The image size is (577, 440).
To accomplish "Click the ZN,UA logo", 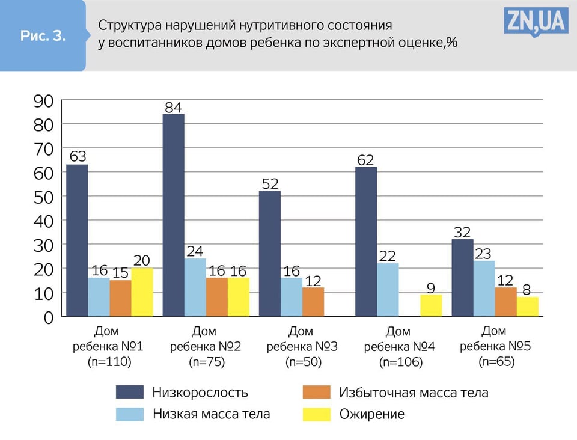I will coord(536,22).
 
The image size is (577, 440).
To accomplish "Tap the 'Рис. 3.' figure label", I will coord(43,35).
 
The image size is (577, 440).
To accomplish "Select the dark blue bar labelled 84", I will coord(173,215).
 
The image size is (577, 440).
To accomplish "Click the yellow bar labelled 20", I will coord(142,292).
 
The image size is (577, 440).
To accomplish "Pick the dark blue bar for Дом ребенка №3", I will coord(269,253).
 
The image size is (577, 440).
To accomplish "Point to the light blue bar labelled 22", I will coord(388,289).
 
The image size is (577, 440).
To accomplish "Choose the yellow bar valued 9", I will coord(431,305).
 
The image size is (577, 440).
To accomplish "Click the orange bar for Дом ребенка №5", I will coord(505,301).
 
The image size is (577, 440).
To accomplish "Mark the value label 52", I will coord(269,183).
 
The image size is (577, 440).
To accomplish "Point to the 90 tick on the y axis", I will coord(43,101).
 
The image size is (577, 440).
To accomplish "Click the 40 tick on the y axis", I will coord(43,221).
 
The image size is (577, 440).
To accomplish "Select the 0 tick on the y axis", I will coord(48,317).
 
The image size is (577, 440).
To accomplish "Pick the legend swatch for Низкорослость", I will coord(130,392).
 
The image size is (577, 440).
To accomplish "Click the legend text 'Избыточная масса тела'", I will coord(414,393).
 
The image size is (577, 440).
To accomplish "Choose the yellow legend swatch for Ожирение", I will coord(317,414).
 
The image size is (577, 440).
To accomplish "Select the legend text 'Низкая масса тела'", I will coord(212,414).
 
